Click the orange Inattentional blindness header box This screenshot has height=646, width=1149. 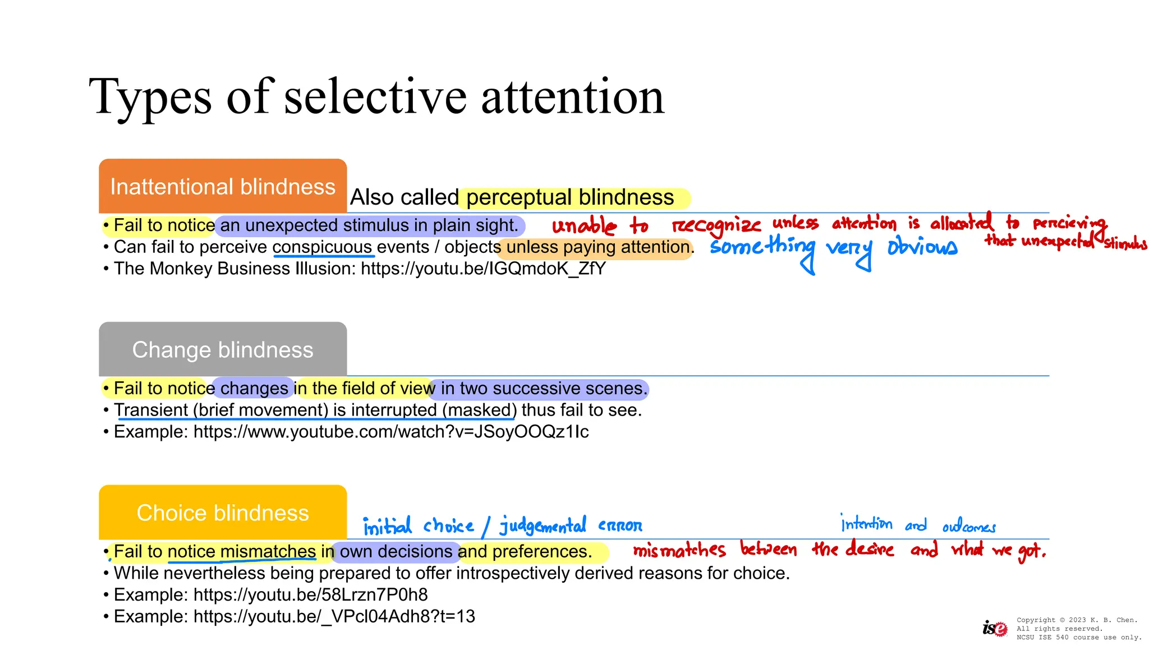(223, 186)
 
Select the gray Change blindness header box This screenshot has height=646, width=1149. (223, 349)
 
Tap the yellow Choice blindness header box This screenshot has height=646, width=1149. (223, 513)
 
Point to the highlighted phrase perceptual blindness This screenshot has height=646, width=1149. (570, 197)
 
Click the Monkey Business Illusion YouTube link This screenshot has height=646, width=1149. (483, 269)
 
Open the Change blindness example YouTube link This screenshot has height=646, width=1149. (391, 432)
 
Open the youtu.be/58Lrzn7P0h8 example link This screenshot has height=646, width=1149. (310, 594)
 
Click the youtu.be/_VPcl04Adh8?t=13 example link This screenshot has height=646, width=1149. (334, 616)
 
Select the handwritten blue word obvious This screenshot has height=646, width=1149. (922, 247)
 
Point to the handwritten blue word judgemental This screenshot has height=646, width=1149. (543, 525)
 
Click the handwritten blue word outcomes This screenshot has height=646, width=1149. (969, 526)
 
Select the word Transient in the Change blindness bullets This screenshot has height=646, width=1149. (151, 410)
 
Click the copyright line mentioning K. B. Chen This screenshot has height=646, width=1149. (1077, 620)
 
